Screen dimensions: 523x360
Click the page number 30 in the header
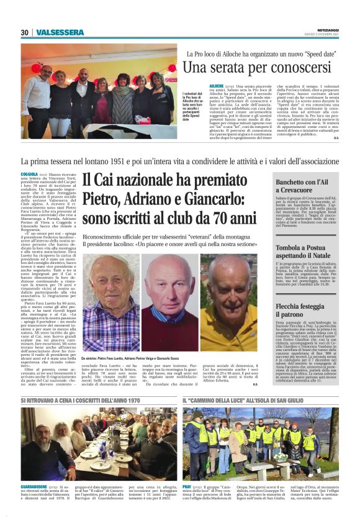point(25,32)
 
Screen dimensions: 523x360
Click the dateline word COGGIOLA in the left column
point(30,176)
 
